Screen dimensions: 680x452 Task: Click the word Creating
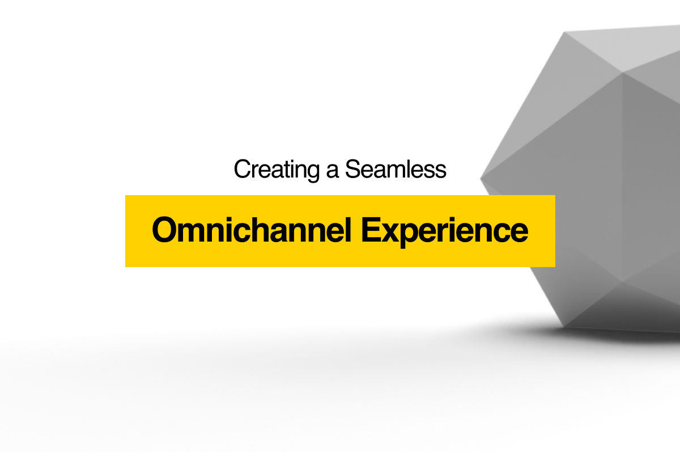[277, 170]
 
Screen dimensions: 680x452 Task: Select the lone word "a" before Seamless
[333, 172]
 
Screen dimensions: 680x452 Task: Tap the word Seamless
[396, 169]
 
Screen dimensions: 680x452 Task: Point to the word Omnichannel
[252, 230]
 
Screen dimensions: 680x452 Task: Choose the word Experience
[445, 231]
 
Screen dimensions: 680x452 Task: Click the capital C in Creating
[243, 169]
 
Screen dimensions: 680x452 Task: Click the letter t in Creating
[294, 170]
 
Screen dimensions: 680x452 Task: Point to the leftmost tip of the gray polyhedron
[481, 179]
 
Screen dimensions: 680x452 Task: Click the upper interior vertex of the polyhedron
[623, 73]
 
